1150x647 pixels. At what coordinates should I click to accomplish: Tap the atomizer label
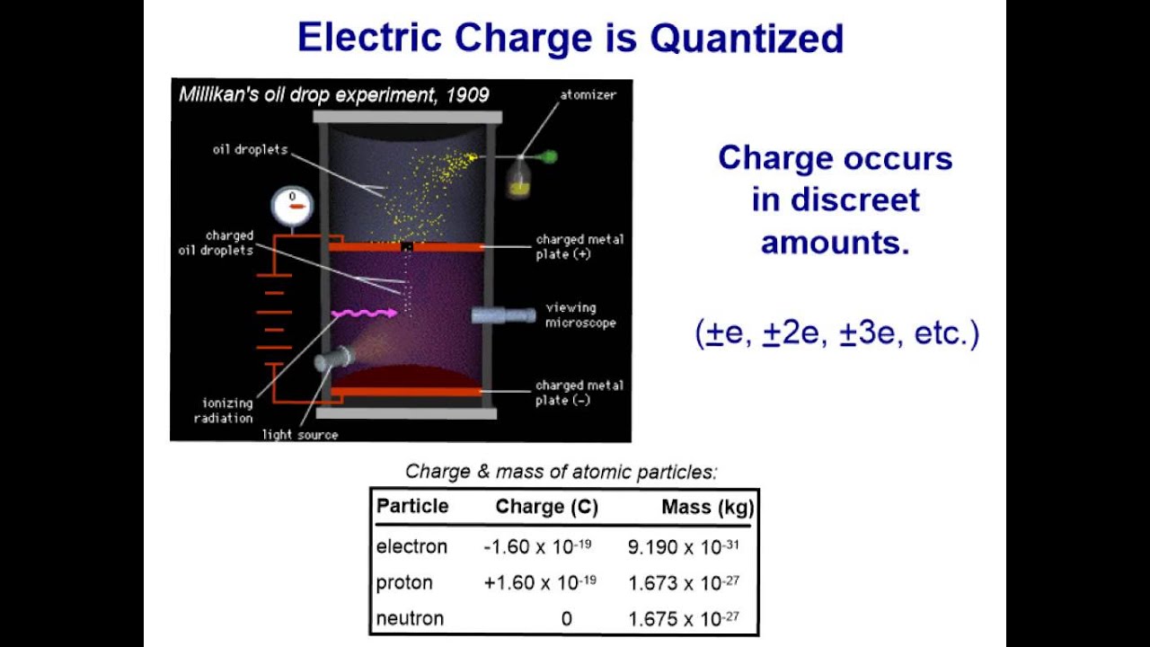588,94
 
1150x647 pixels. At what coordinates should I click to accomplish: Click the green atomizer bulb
549,157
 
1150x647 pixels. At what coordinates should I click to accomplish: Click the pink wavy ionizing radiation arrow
364,314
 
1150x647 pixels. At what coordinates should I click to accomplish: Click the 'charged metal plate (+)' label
579,246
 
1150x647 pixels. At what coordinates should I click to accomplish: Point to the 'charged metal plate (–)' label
579,393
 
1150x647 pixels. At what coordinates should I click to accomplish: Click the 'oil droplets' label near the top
250,150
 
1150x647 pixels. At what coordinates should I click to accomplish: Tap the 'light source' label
300,435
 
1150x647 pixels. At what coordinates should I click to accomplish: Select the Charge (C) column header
546,507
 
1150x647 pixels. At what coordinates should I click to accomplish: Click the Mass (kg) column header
706,507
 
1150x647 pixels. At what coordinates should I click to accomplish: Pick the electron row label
411,546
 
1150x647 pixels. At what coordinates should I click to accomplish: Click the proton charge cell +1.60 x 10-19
539,582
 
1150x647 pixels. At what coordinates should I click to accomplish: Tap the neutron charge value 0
566,619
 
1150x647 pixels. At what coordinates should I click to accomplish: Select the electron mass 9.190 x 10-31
683,546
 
